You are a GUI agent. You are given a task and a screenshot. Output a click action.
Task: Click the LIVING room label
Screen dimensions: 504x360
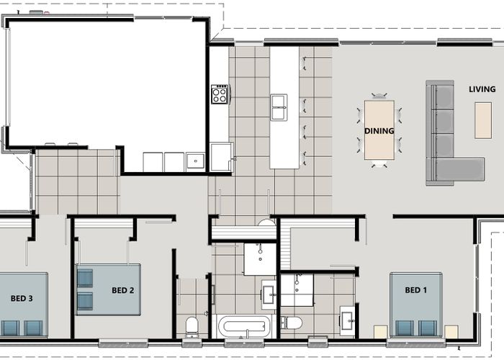coord(482,89)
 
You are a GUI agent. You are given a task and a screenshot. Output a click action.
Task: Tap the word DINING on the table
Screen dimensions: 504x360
coord(379,131)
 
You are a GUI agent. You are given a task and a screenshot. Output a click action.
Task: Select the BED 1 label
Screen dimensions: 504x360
coord(416,290)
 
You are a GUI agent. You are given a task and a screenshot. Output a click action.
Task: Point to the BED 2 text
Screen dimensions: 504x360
coord(123,290)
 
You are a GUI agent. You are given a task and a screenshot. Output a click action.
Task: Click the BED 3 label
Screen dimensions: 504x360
coord(22,298)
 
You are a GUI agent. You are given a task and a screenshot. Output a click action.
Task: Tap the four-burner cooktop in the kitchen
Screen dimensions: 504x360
coord(220,94)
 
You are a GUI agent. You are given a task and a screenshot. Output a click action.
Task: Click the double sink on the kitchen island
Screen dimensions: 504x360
coord(279,107)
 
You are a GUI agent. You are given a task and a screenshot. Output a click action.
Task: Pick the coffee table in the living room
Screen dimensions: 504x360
coord(483,120)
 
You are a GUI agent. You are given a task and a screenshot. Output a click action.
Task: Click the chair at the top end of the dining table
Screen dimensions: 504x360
coord(379,96)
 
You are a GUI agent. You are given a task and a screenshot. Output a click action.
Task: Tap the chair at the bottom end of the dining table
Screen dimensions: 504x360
coord(379,164)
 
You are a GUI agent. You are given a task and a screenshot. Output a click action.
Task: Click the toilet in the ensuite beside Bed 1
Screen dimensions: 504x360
coord(291,323)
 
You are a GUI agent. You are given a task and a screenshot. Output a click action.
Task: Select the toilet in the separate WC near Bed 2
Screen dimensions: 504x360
coord(192,327)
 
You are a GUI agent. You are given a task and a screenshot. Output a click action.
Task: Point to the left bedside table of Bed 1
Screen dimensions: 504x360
coord(381,332)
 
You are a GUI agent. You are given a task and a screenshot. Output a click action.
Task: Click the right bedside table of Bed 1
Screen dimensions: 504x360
coord(451,332)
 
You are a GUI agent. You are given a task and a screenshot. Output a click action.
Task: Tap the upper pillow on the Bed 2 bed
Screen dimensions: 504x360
coord(85,279)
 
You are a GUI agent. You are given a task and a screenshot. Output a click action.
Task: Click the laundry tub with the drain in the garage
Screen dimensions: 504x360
coord(195,160)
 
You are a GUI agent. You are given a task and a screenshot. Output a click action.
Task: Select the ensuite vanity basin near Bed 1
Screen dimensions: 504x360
coord(348,320)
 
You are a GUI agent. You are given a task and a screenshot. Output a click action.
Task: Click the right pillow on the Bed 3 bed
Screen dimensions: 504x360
coord(33,328)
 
